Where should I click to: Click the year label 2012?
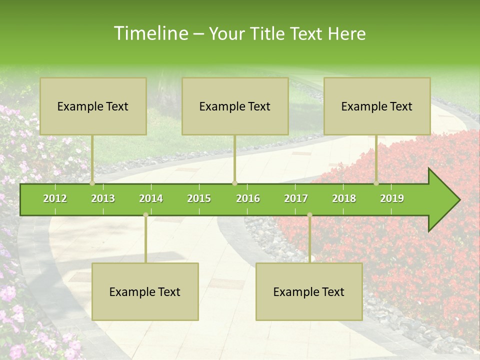coord(55,198)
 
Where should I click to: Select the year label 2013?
coord(103,198)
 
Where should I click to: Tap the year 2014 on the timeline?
coord(151,198)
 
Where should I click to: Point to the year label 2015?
coord(199,198)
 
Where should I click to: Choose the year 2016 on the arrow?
coord(248,198)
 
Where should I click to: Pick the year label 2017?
coord(296,198)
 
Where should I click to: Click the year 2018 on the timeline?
coord(344,198)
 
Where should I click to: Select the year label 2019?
coord(392,198)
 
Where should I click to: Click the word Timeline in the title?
coord(150,33)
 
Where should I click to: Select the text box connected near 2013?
coord(93,106)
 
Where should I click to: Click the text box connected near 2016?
coord(235,106)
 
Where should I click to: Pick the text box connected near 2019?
coord(377,106)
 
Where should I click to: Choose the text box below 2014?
coord(145,291)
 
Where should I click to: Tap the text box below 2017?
coord(309,291)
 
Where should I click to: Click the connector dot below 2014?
coord(145,215)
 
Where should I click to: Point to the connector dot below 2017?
coord(309,215)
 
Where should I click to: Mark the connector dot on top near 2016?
coord(235,183)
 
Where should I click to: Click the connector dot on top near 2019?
coord(376,183)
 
